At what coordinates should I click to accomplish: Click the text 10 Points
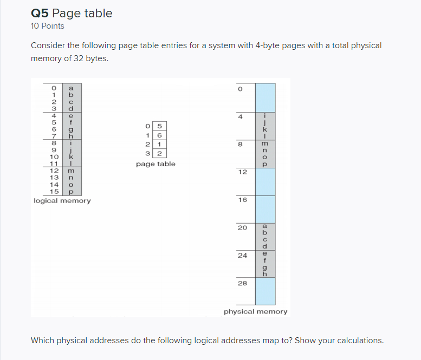point(48,26)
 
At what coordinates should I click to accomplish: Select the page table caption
point(156,163)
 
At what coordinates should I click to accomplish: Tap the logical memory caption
point(62,201)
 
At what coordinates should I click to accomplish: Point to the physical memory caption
point(255,312)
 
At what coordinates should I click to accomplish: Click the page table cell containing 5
point(160,127)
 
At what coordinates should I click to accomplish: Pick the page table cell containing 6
point(160,135)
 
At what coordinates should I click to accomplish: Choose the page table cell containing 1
point(160,145)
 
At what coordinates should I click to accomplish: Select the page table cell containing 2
point(160,153)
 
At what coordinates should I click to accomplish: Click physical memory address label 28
point(242,283)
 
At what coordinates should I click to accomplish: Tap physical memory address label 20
point(242,227)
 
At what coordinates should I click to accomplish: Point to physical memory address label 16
point(242,200)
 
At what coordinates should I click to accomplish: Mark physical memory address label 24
point(242,255)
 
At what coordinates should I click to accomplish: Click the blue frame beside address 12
point(265,181)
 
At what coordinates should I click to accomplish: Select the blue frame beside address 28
point(265,291)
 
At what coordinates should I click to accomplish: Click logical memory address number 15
point(54,191)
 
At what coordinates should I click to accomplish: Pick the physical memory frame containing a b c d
point(265,235)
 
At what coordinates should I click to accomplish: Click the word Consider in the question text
point(48,45)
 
